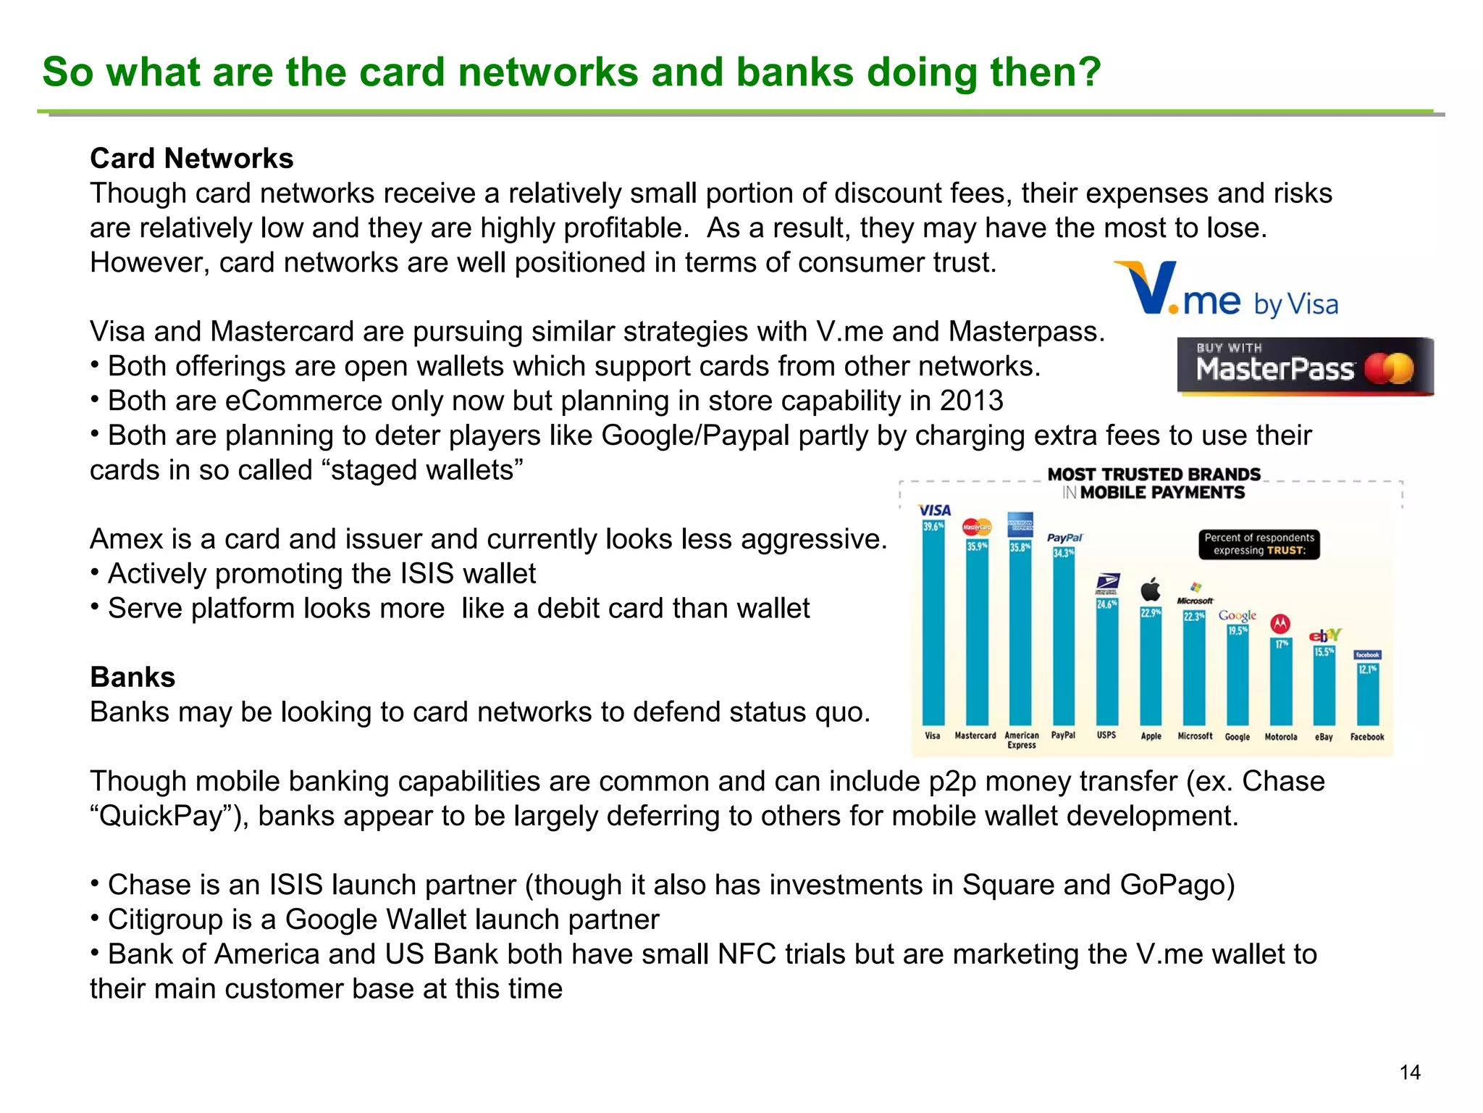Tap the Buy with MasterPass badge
tap(1305, 367)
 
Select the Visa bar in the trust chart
tap(933, 623)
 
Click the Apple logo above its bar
tap(1151, 590)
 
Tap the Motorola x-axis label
tap(1280, 737)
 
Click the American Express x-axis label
tap(1021, 740)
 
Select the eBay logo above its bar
tap(1324, 635)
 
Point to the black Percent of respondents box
tap(1259, 544)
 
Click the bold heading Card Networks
tap(191, 159)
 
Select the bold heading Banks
tap(133, 678)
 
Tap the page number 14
tap(1409, 1072)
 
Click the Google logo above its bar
tap(1237, 615)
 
